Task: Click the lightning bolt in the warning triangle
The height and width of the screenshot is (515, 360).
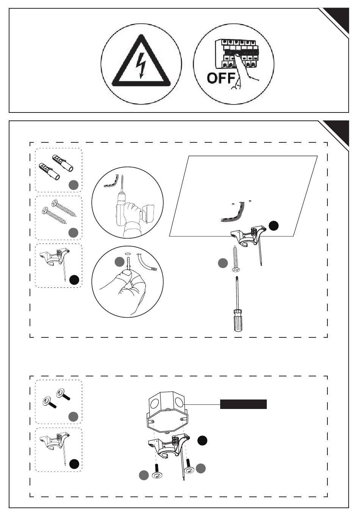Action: tap(141, 65)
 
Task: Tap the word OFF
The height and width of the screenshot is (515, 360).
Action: tap(221, 78)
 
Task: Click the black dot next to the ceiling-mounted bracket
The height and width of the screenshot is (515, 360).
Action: tap(274, 226)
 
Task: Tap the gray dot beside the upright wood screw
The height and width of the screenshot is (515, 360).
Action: tap(223, 263)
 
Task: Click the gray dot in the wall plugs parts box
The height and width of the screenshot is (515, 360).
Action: tap(74, 185)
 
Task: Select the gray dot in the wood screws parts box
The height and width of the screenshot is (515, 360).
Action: tap(74, 233)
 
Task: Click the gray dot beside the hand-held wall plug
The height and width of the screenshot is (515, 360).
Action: tap(119, 262)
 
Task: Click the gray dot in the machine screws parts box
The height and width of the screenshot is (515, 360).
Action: tap(74, 417)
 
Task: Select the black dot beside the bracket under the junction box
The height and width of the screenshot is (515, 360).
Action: tap(202, 440)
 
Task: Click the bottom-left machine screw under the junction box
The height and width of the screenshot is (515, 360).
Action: tap(157, 471)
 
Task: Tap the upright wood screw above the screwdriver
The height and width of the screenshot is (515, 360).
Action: tap(236, 259)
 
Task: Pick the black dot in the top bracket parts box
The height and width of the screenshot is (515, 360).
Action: tap(74, 280)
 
